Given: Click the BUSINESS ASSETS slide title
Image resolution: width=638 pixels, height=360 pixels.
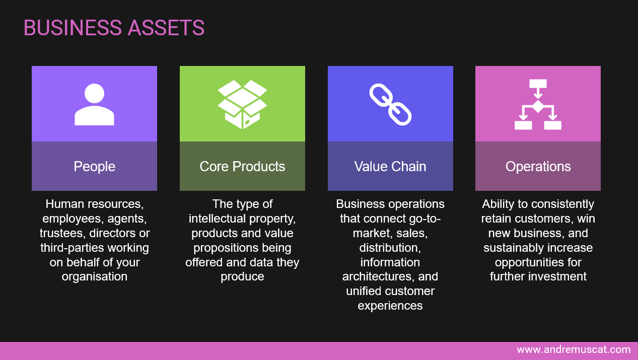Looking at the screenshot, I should (x=114, y=28).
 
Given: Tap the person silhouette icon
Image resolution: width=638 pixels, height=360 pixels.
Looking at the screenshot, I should (x=94, y=104).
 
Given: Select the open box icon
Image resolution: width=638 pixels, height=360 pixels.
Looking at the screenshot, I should (x=242, y=104).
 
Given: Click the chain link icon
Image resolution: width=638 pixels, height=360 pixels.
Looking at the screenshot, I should (x=390, y=104).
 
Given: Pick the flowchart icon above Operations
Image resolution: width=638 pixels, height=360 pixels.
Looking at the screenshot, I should (x=538, y=104).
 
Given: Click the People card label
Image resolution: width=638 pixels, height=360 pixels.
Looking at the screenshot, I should (x=94, y=167).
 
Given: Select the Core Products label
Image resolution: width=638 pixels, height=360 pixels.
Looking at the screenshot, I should (x=242, y=167).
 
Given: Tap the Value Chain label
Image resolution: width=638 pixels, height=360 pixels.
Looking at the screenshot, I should (x=390, y=167).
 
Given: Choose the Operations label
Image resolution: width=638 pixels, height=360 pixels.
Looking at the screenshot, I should (x=538, y=167).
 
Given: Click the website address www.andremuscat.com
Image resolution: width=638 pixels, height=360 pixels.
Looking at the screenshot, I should (x=574, y=349).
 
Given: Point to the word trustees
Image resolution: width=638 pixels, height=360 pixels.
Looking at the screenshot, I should (x=62, y=233).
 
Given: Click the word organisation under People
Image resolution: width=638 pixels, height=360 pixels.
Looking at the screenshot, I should (x=94, y=276).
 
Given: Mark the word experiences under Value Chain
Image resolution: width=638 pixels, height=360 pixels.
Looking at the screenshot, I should (x=390, y=306).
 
